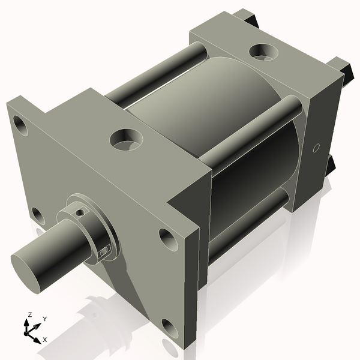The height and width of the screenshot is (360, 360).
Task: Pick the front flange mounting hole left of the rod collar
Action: click(37, 215)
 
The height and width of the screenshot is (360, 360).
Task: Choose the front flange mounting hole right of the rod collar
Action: click(167, 239)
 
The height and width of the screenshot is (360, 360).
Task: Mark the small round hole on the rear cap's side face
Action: click(317, 148)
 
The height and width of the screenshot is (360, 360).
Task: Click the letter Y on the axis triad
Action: click(44, 319)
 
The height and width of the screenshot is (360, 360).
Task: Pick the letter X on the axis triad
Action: click(45, 340)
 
